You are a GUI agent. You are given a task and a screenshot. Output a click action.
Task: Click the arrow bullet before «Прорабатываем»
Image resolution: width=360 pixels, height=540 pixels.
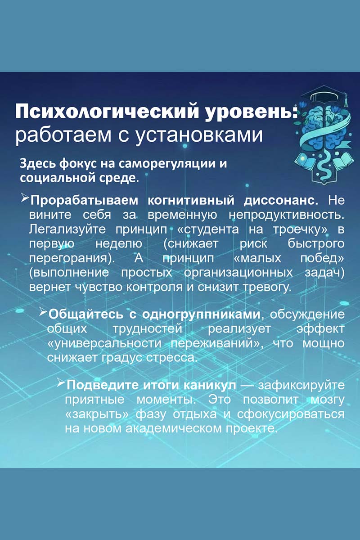coord(25,198)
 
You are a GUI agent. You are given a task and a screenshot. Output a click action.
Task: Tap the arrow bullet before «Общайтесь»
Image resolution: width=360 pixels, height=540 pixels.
coord(43,312)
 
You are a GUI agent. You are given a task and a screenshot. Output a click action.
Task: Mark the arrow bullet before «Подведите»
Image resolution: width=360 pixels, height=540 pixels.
coord(61,384)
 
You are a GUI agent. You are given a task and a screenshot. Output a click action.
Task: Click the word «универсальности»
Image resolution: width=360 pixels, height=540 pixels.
coord(106,343)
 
